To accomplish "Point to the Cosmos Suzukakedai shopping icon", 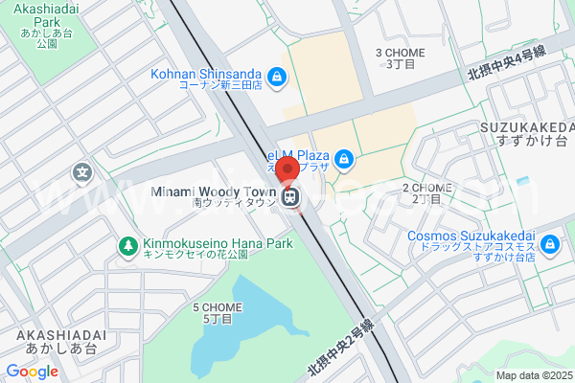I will (549, 245).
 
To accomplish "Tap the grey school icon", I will (82, 173).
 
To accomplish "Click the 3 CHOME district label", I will (400, 58).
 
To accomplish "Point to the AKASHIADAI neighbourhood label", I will (61, 341).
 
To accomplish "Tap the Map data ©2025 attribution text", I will (535, 375).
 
